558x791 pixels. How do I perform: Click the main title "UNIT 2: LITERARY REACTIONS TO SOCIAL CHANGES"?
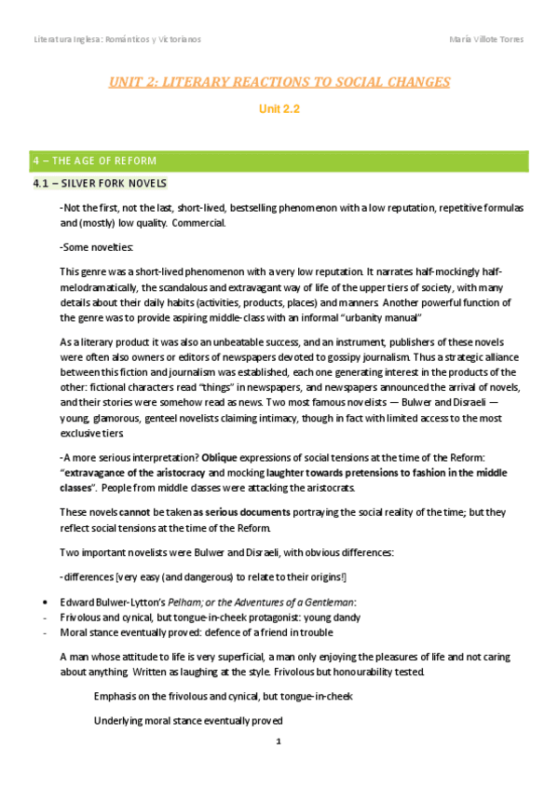click(279, 82)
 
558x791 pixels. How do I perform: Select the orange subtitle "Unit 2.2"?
click(278, 109)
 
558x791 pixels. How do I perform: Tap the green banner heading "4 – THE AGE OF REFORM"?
click(91, 160)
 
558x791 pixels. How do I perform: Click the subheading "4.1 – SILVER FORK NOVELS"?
click(100, 184)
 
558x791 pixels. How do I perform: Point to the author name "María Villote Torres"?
click(485, 39)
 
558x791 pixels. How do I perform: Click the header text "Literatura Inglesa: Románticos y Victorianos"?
click(117, 39)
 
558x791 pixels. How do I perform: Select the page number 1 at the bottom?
click(279, 742)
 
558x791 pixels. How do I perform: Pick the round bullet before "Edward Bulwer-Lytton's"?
click(34, 600)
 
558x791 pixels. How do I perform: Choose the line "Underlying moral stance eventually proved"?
click(188, 721)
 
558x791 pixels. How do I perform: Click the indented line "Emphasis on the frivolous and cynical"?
click(223, 697)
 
